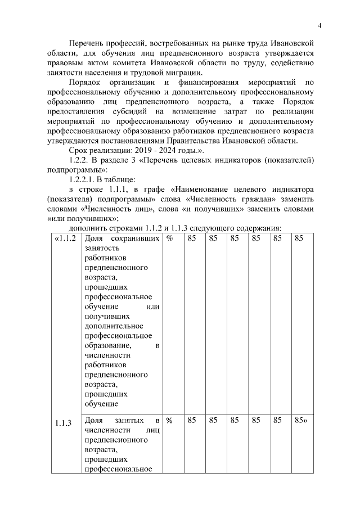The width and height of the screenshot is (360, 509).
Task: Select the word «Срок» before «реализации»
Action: tap(79, 150)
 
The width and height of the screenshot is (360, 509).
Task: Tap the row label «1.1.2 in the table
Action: tap(64, 238)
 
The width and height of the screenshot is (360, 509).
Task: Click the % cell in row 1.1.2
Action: tap(169, 238)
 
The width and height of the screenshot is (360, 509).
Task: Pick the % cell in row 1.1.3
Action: tap(169, 420)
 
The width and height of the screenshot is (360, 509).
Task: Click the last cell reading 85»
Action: tap(300, 420)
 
